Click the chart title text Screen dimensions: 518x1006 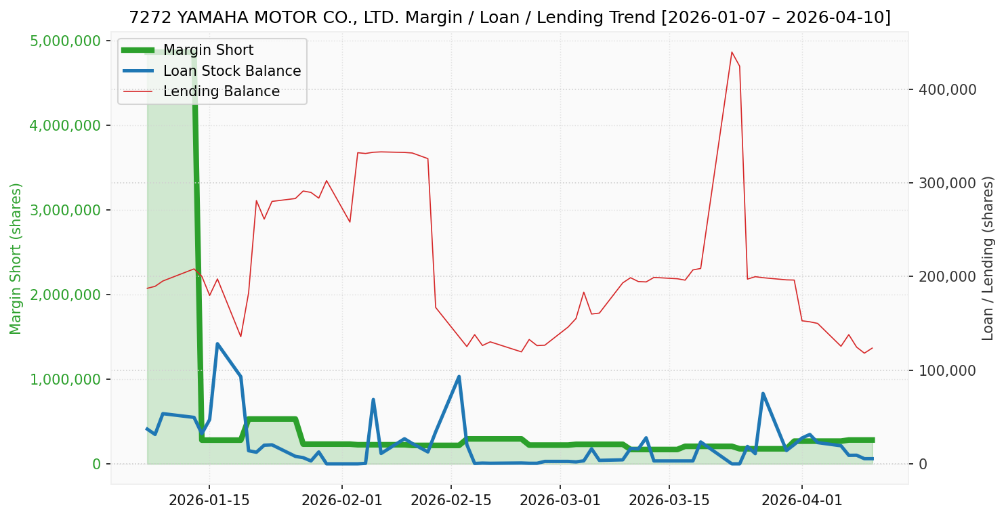click(x=509, y=18)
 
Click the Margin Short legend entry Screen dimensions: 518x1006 click(x=208, y=51)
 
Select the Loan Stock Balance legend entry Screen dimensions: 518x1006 click(x=232, y=71)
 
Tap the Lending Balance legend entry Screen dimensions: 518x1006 click(x=221, y=91)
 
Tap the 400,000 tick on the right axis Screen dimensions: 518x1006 click(x=946, y=89)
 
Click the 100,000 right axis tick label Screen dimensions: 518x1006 click(x=946, y=370)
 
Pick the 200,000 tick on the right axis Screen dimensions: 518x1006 click(x=946, y=277)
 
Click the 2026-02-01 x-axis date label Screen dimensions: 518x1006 click(x=341, y=500)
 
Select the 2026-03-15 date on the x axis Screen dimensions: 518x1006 click(x=669, y=500)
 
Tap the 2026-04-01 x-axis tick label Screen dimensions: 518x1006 click(x=802, y=500)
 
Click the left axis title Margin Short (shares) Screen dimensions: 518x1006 click(x=16, y=258)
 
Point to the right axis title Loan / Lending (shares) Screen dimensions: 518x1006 click(x=988, y=258)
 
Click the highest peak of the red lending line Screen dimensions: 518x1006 click(x=732, y=52)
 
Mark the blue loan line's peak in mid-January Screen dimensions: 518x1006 click(x=217, y=344)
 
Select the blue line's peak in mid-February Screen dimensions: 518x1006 click(x=459, y=376)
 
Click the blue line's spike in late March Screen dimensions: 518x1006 click(x=763, y=393)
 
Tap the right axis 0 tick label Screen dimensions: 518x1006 click(x=922, y=464)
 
